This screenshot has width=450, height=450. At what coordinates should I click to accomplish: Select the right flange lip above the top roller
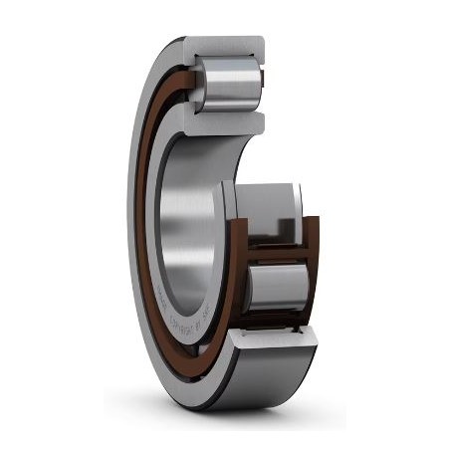(261, 50)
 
